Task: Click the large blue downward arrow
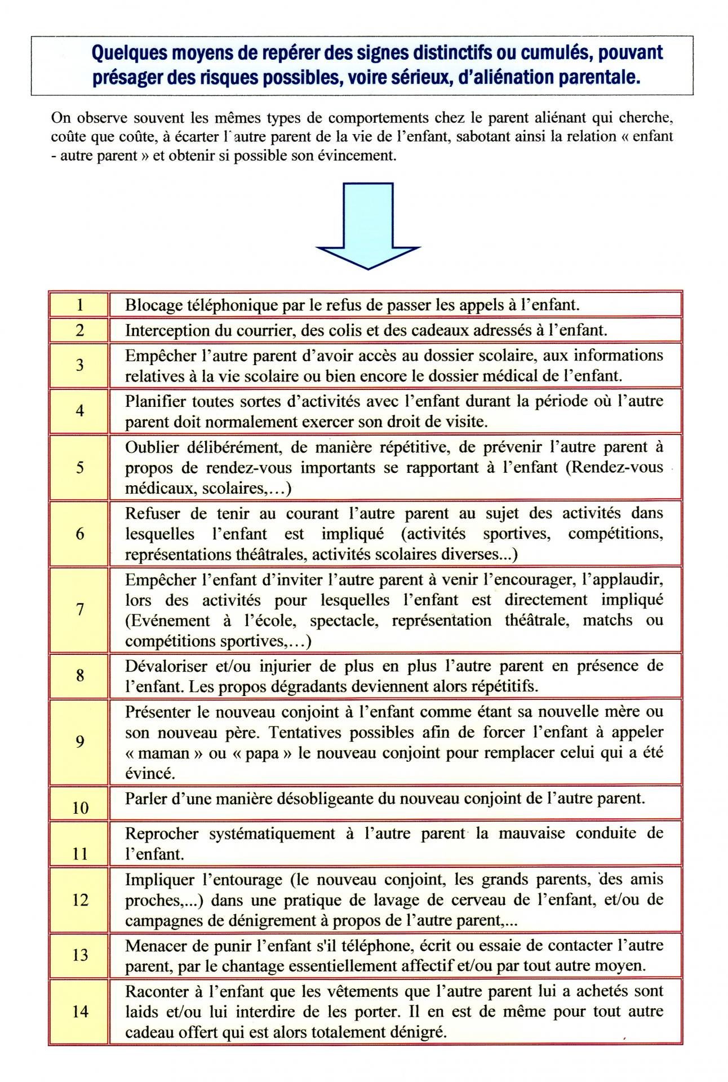point(368,226)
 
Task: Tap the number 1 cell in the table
point(79,305)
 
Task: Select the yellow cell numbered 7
point(79,610)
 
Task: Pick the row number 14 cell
point(79,1012)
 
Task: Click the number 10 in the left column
point(80,808)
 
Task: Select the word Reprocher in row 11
point(162,833)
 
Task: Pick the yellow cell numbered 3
point(79,365)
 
